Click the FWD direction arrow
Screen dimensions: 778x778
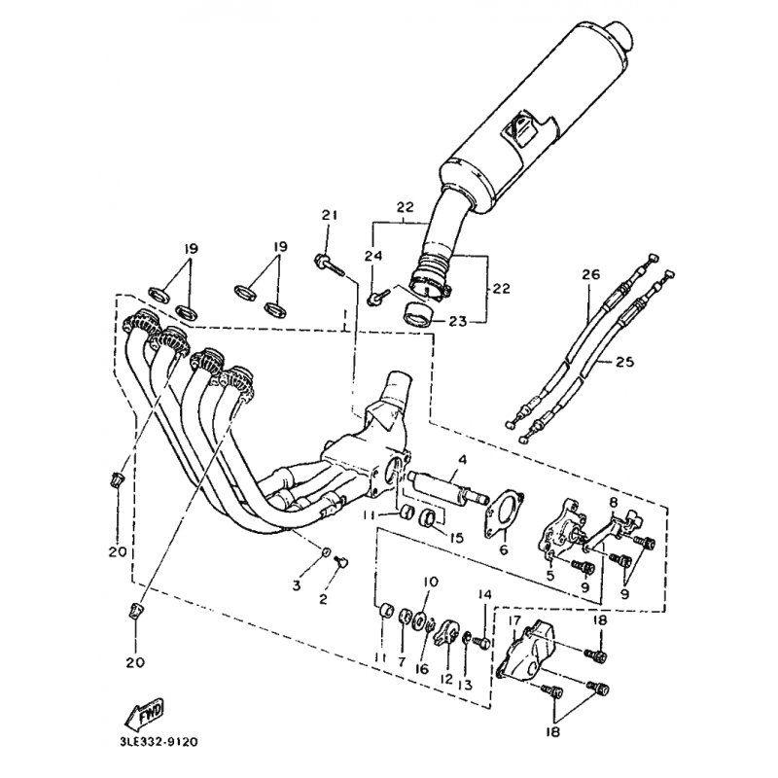pyautogui.click(x=142, y=715)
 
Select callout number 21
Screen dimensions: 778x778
pyautogui.click(x=329, y=215)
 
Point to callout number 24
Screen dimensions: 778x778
pyautogui.click(x=374, y=256)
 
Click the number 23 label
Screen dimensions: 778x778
pyautogui.click(x=456, y=322)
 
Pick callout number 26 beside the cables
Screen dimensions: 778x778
pyautogui.click(x=590, y=274)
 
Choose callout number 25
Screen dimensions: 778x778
pyautogui.click(x=624, y=362)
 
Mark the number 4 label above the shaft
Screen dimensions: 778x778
pyautogui.click(x=463, y=459)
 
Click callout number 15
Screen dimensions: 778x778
pyautogui.click(x=456, y=538)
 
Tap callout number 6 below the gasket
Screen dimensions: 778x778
pyautogui.click(x=504, y=549)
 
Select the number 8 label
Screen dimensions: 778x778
pyautogui.click(x=614, y=502)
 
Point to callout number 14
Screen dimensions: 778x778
pyautogui.click(x=484, y=594)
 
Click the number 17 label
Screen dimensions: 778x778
pyautogui.click(x=514, y=620)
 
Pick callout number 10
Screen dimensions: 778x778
pyautogui.click(x=430, y=581)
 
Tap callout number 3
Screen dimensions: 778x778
pyautogui.click(x=297, y=585)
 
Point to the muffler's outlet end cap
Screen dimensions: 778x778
pyautogui.click(x=621, y=34)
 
